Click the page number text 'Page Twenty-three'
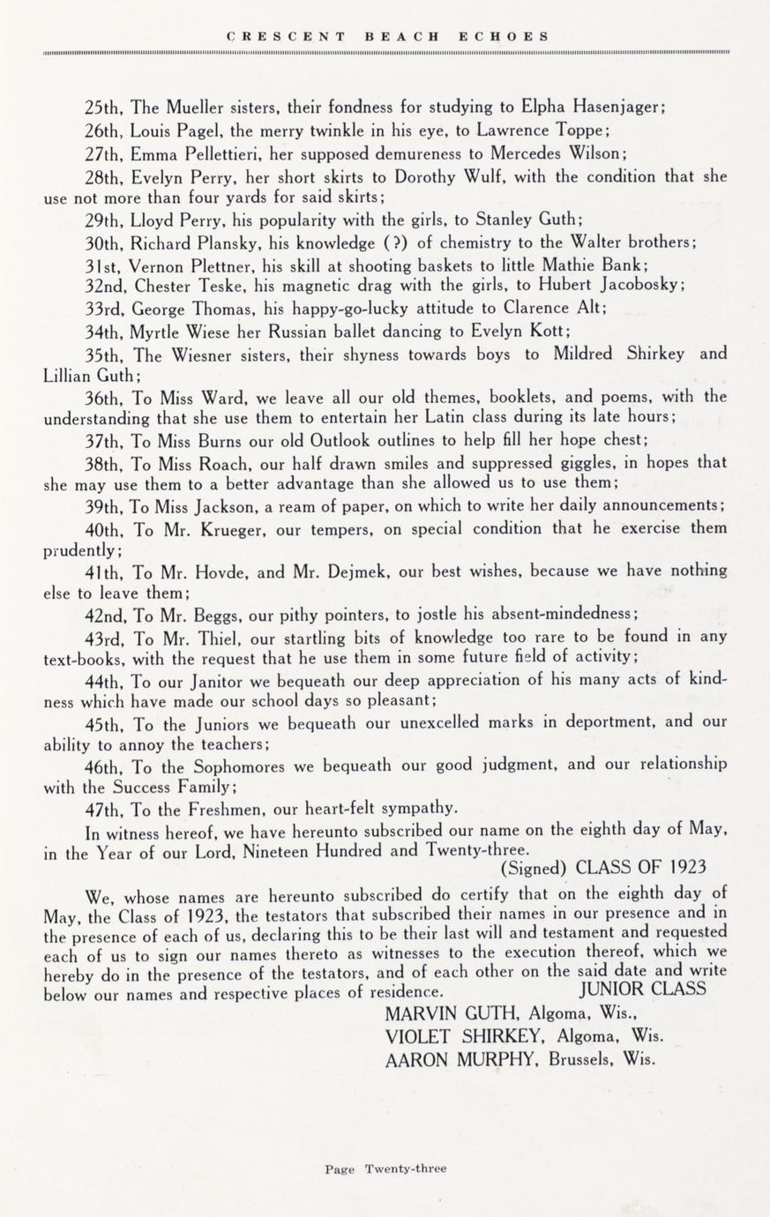tap(385, 1168)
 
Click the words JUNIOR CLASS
tap(644, 988)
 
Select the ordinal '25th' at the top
tap(106, 108)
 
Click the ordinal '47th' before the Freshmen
tap(106, 807)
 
